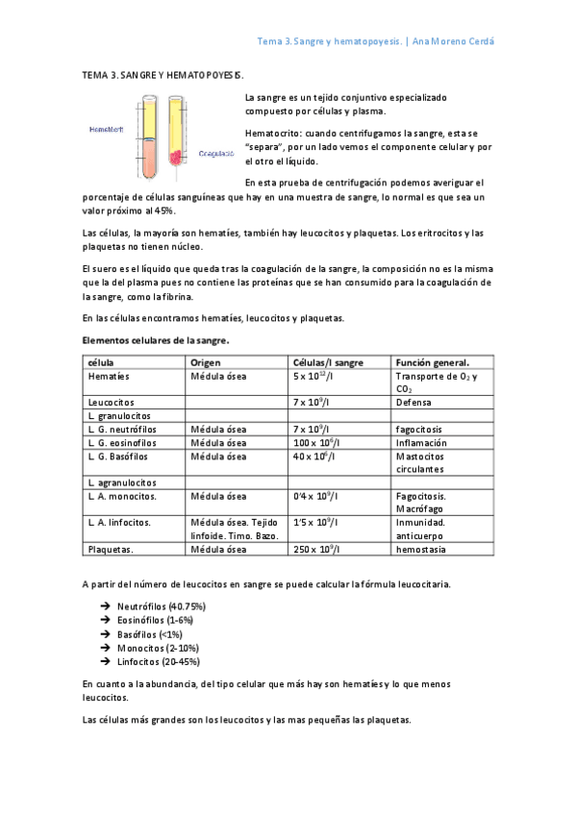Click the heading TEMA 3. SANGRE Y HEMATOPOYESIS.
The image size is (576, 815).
163,73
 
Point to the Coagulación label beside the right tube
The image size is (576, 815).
216,152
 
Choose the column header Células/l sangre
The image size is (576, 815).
328,361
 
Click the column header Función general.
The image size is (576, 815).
433,361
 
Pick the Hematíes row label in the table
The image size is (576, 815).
109,376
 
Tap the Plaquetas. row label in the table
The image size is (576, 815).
111,550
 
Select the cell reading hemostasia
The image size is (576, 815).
421,550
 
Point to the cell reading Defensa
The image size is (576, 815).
414,402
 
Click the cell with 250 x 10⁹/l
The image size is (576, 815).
319,550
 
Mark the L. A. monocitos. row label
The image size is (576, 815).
122,496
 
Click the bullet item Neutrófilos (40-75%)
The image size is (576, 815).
161,607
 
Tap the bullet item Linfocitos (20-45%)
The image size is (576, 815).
159,662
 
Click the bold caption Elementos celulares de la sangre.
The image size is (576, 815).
155,340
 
